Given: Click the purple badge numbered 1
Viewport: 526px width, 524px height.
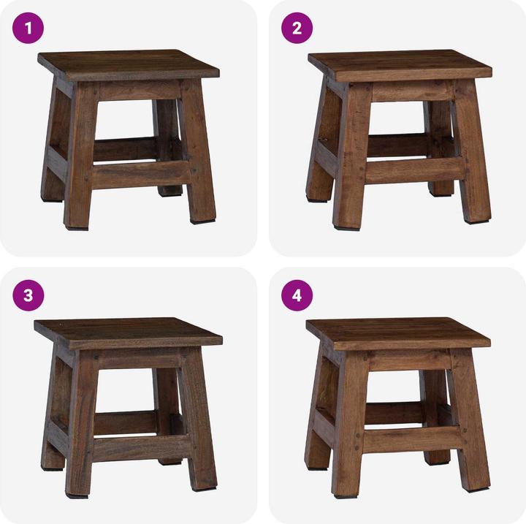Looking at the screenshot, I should pos(29,29).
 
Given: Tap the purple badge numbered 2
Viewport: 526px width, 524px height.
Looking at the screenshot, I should pos(297,29).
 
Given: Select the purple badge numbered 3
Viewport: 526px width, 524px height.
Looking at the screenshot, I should pos(29,295).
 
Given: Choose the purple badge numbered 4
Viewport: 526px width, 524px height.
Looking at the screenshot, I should pos(297,295).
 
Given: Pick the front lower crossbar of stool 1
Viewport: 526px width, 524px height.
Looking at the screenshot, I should pos(139,174).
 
